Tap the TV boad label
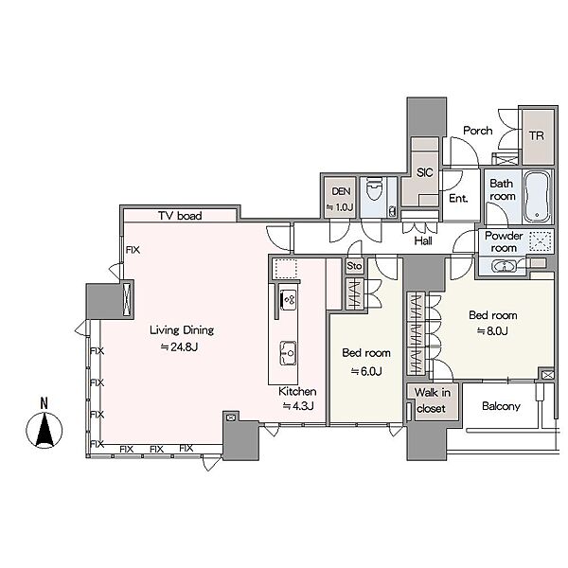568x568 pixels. (x=180, y=216)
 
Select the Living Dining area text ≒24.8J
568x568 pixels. (x=179, y=347)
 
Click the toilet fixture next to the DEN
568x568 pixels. (x=375, y=188)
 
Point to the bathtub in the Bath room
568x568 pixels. (x=537, y=196)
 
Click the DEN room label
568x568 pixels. (x=341, y=191)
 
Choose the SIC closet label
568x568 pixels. (x=424, y=172)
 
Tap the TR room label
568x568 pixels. (x=537, y=135)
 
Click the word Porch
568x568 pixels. (x=478, y=131)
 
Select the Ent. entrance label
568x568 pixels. (x=458, y=198)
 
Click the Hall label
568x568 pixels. (x=423, y=240)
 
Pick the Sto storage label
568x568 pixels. (x=354, y=266)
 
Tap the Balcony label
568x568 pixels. (x=501, y=406)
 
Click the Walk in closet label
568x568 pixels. (x=432, y=400)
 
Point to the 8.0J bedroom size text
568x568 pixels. (x=492, y=331)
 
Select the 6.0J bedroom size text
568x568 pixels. (x=366, y=371)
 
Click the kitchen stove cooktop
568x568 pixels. (x=289, y=300)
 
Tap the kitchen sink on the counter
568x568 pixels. (x=288, y=353)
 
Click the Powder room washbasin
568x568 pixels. (x=504, y=266)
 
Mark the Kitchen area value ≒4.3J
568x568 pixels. (x=298, y=406)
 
